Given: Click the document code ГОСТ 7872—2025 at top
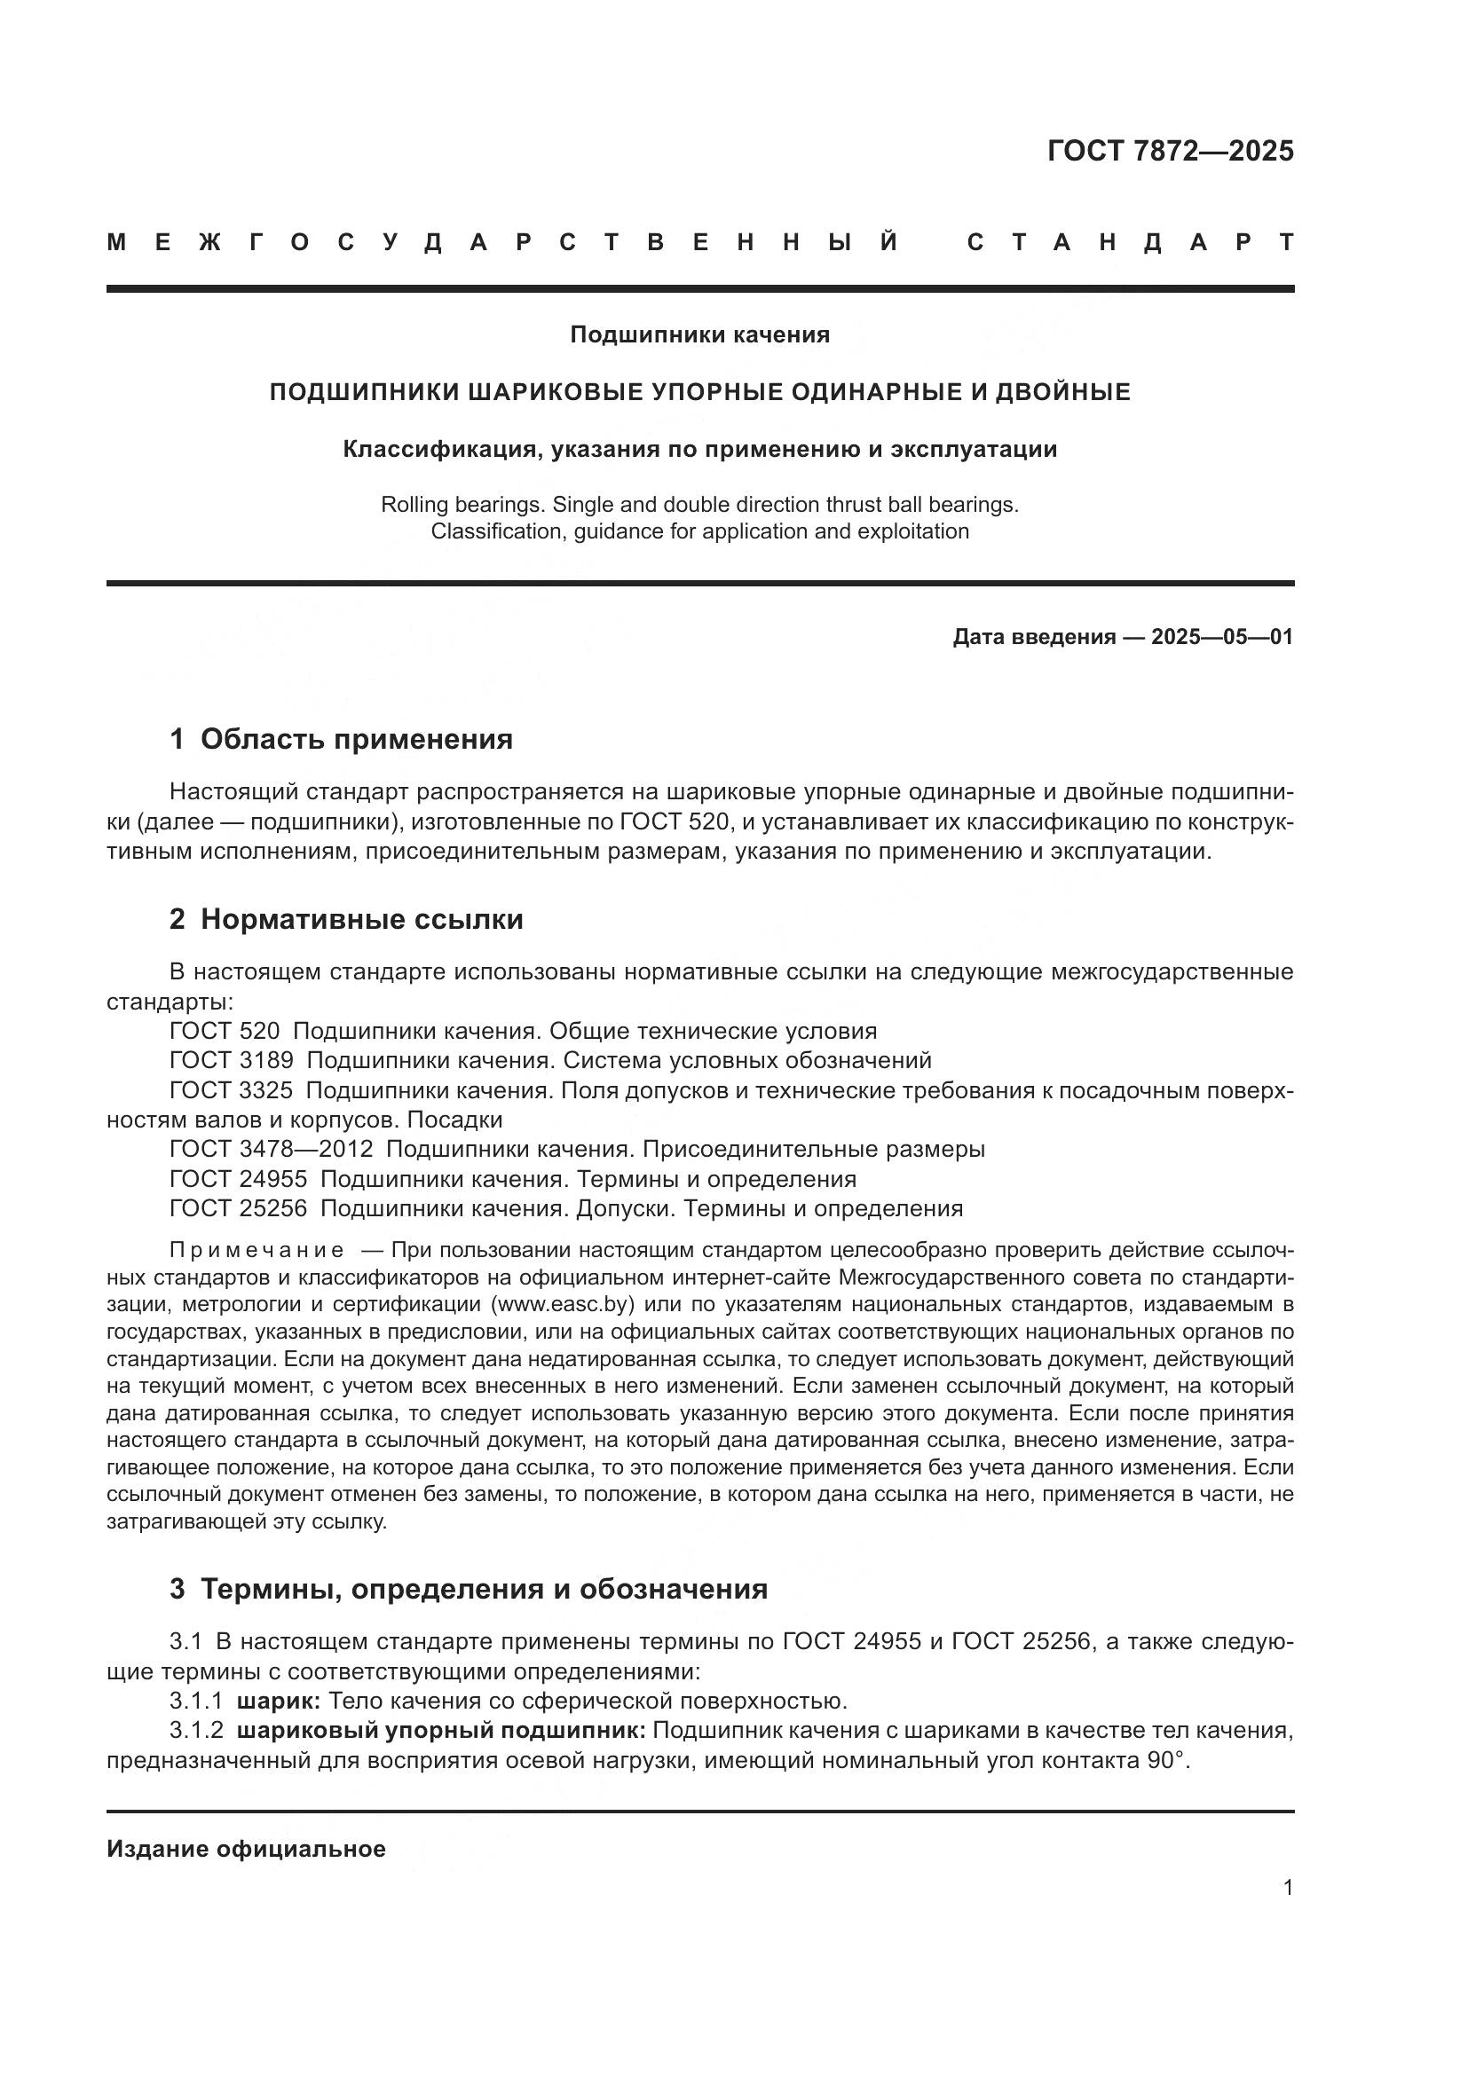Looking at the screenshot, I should (x=1170, y=151).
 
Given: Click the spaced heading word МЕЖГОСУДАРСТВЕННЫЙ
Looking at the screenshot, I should (x=502, y=242).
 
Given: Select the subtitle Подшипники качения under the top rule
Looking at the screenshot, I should (x=699, y=335).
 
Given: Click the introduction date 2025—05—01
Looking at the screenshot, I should (x=1221, y=637).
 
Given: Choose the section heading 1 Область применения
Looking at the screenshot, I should (x=341, y=739).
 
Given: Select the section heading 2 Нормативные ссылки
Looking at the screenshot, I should (x=346, y=920).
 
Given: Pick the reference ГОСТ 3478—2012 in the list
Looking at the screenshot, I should (x=272, y=1150).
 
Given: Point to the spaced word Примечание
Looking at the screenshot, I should (x=257, y=1250).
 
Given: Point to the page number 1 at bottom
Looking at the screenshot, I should (x=1288, y=1888).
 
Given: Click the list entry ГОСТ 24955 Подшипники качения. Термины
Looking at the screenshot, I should (x=512, y=1179).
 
